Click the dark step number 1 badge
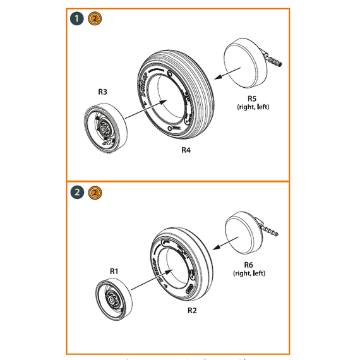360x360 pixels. pyautogui.click(x=78, y=20)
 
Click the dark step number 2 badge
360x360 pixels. pyautogui.click(x=78, y=192)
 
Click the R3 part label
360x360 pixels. pyautogui.click(x=103, y=92)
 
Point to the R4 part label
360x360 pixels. pyautogui.click(x=186, y=150)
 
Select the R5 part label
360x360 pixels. pyautogui.click(x=251, y=99)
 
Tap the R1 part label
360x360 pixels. pyautogui.click(x=114, y=271)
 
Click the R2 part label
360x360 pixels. pyautogui.click(x=192, y=311)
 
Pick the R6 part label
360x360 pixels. pyautogui.click(x=249, y=265)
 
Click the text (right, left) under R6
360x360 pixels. pyautogui.click(x=249, y=273)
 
